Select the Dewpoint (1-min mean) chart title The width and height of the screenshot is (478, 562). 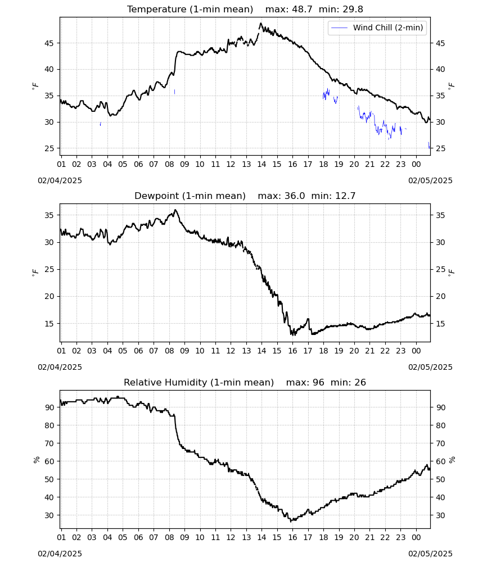[190, 196]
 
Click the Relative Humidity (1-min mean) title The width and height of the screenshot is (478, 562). [199, 382]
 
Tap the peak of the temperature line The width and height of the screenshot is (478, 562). [261, 23]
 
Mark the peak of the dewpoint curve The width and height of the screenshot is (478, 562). [175, 210]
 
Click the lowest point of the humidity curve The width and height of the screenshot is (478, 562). [291, 522]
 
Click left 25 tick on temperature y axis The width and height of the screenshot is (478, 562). [49, 148]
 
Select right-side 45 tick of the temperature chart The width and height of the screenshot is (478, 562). [440, 43]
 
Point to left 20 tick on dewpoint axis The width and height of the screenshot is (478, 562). [49, 296]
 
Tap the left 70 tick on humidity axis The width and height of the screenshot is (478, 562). [49, 443]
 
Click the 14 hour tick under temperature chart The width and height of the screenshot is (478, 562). [261, 164]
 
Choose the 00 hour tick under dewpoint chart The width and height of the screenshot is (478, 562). [416, 351]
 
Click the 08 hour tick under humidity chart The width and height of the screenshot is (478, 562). [169, 537]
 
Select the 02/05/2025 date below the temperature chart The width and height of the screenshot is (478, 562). [430, 180]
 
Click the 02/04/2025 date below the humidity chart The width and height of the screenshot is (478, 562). [60, 554]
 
